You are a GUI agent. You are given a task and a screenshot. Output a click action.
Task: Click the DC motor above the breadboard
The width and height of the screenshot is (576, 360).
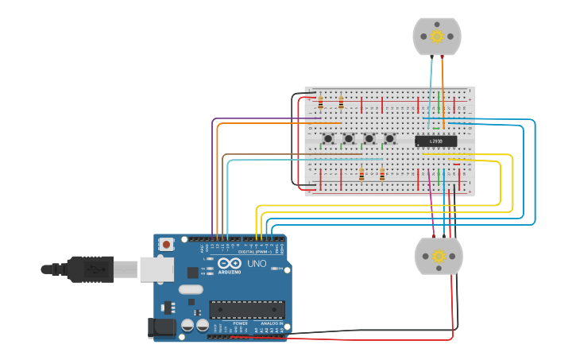[x=436, y=37]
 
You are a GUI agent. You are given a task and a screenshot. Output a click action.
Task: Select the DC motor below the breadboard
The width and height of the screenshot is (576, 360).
[x=438, y=256]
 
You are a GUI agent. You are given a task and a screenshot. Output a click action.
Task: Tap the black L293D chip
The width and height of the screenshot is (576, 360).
[x=436, y=141]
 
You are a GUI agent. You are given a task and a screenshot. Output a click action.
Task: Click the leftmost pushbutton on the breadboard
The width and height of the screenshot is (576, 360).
[x=328, y=139]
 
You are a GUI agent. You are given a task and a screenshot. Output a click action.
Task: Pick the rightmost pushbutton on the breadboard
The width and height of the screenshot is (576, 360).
[x=389, y=139]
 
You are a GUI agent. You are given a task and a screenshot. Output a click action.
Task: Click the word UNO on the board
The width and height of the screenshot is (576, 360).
[x=257, y=264]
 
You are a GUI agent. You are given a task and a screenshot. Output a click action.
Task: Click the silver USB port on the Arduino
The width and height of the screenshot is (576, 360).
[x=157, y=269]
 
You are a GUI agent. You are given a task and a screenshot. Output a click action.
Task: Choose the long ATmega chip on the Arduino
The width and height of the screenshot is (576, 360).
[x=246, y=309]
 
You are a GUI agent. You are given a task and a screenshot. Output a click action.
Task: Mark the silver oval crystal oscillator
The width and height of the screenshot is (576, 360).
[x=191, y=289]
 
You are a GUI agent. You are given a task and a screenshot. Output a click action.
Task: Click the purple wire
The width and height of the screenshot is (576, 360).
[x=262, y=119]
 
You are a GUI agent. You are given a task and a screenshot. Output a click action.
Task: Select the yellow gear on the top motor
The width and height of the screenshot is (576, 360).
[x=436, y=36]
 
